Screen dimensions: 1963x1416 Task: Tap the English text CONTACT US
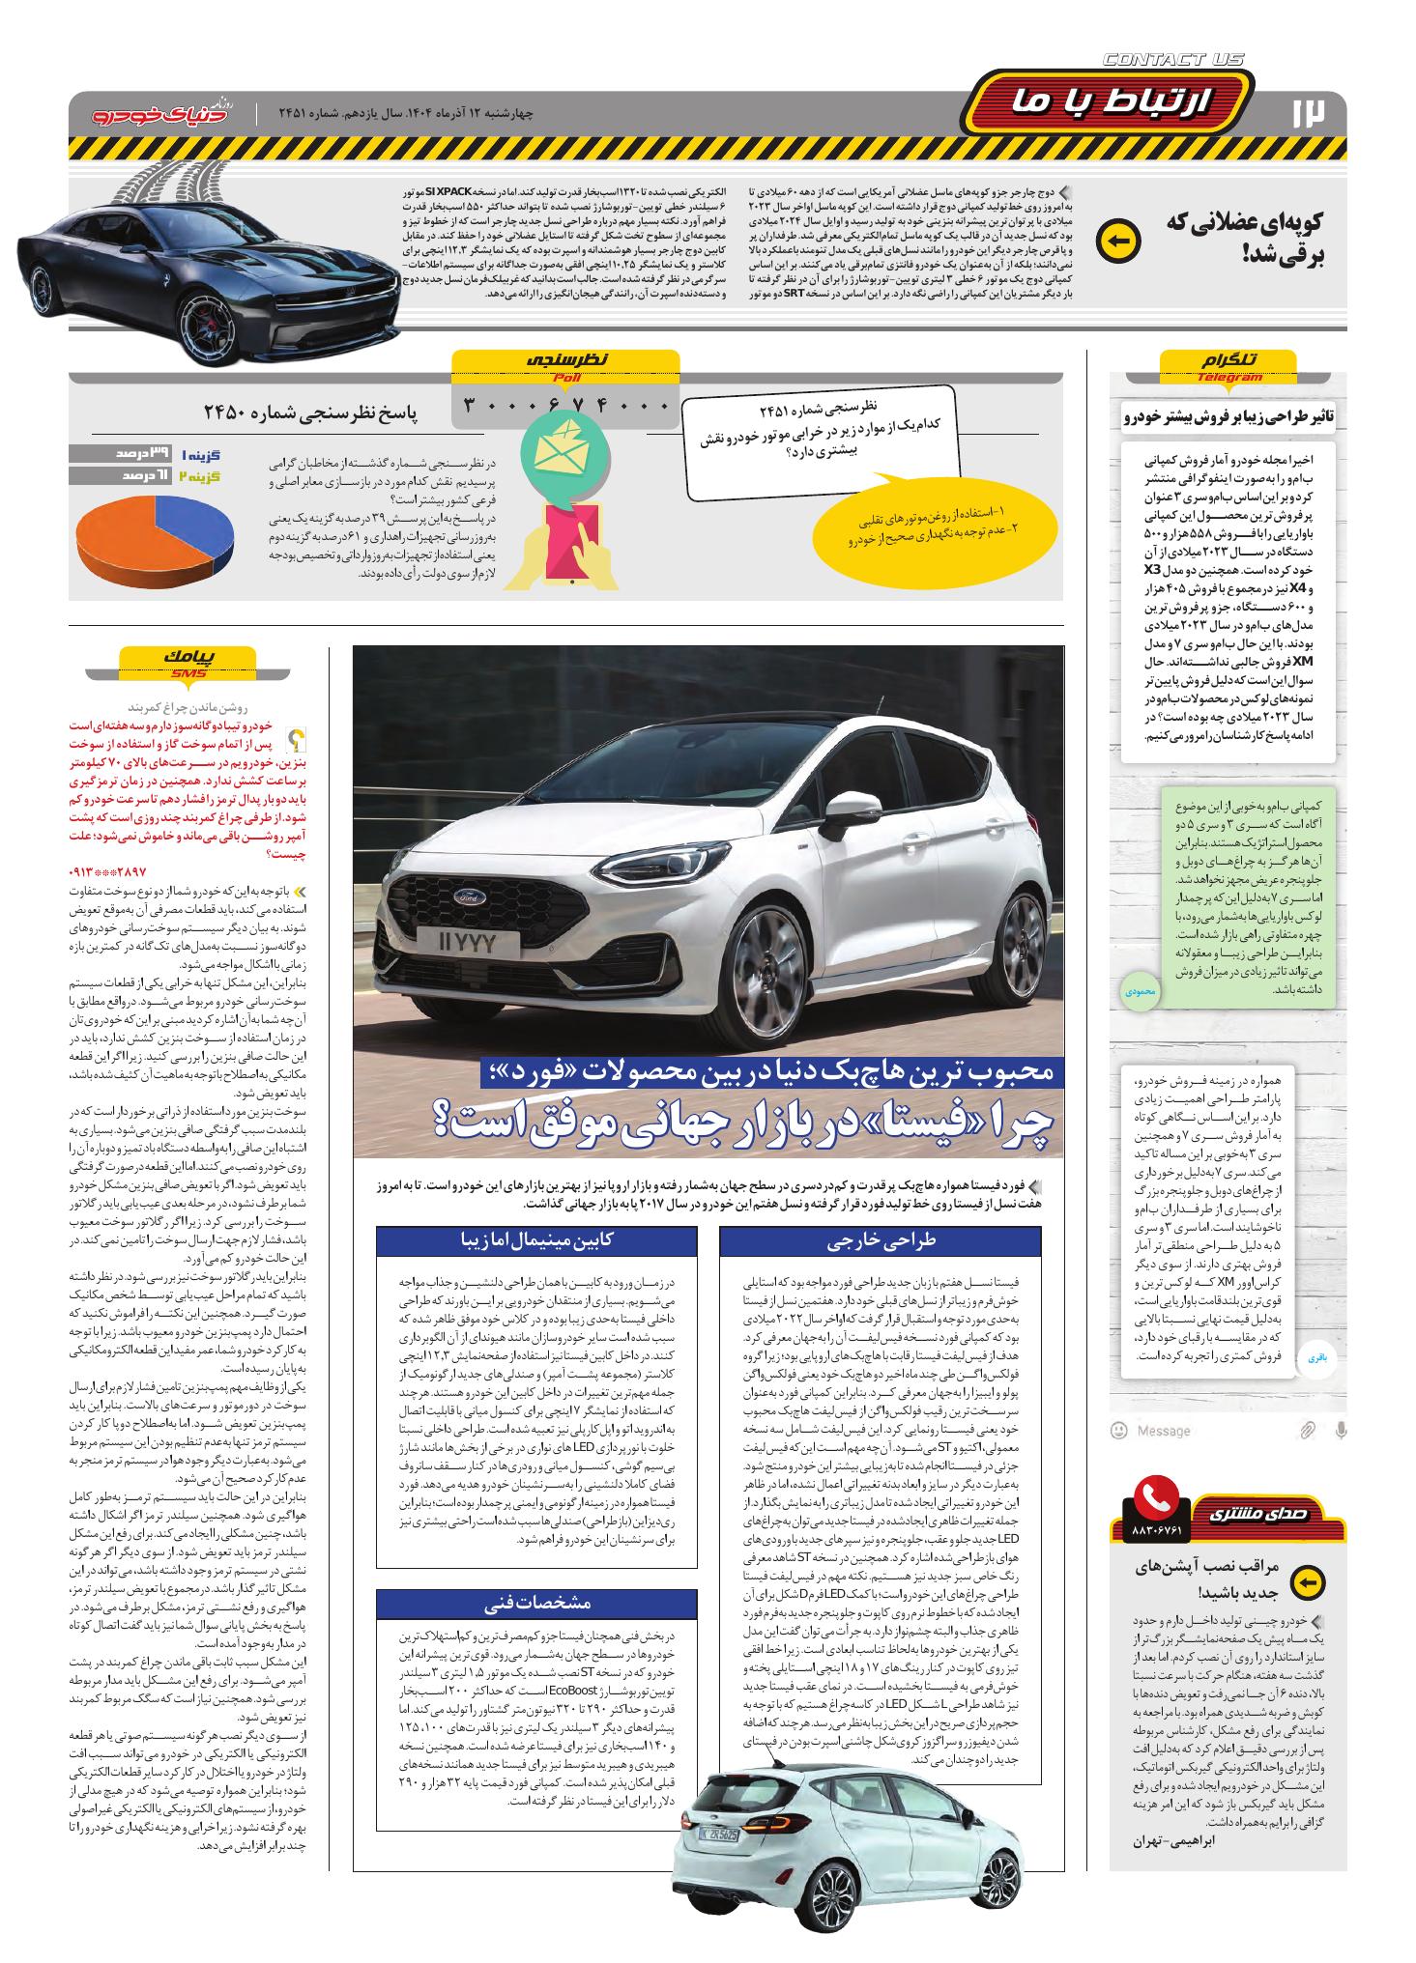(x=1172, y=60)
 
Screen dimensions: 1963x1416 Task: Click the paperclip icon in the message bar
(x=1307, y=1430)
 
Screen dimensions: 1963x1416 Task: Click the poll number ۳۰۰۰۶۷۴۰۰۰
(x=565, y=405)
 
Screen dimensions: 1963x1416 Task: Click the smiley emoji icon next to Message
(x=1119, y=1430)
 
